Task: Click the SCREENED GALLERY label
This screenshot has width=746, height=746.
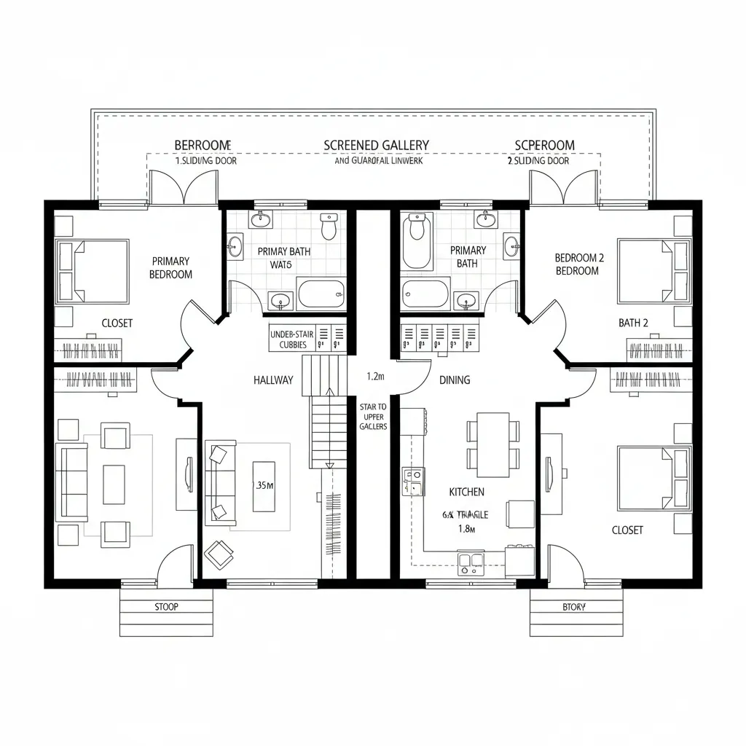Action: (x=376, y=145)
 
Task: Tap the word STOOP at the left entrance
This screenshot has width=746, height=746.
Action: (x=166, y=606)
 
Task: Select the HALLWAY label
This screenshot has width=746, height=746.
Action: (x=273, y=380)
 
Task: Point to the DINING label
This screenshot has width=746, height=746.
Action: (x=455, y=380)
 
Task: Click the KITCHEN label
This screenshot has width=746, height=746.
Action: (x=466, y=492)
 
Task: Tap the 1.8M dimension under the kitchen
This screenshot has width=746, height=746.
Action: (x=466, y=530)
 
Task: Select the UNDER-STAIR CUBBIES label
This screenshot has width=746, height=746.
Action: (x=291, y=339)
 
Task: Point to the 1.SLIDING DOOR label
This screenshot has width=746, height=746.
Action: (x=206, y=161)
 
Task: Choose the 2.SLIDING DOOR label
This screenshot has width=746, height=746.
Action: (x=538, y=161)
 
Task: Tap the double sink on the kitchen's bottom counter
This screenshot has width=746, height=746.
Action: (x=471, y=560)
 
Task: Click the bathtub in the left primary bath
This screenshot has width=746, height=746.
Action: (x=321, y=294)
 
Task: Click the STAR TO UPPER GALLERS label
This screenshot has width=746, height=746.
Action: (x=373, y=416)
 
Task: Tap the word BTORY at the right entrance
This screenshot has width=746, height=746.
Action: (x=574, y=607)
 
